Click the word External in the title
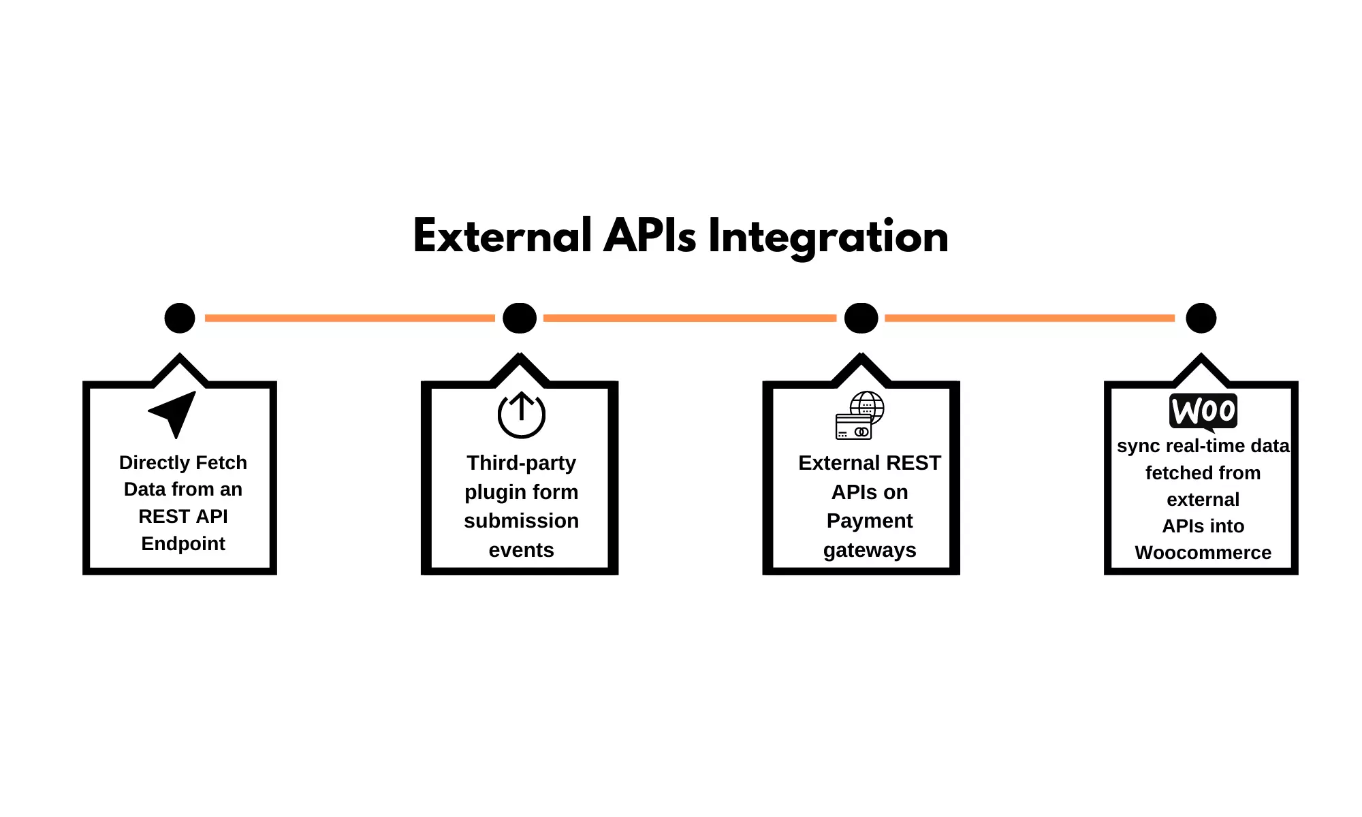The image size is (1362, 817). (503, 237)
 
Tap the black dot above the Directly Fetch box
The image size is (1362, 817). (180, 318)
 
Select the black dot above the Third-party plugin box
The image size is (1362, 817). (520, 318)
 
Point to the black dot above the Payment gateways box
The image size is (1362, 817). (861, 318)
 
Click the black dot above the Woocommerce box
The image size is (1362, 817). (1201, 318)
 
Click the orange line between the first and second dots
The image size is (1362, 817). (349, 318)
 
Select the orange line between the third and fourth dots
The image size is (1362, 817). (1029, 318)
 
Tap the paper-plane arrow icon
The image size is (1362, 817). (174, 413)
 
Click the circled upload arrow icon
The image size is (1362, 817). (521, 415)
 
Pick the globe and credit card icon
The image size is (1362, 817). (859, 415)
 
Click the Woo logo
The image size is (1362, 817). (1203, 411)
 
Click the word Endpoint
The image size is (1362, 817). (183, 543)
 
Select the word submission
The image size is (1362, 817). (521, 521)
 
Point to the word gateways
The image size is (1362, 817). (870, 549)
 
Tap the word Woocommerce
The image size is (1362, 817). (1203, 552)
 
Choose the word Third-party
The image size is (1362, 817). (521, 463)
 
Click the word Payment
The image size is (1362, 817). (870, 521)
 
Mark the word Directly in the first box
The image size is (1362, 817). (151, 463)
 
